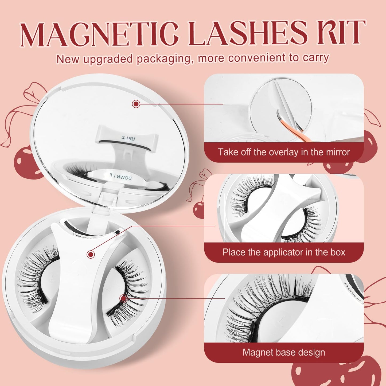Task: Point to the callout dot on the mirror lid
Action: pos(136,104)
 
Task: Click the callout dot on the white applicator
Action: pos(91,254)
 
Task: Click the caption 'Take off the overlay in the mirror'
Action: pos(284,152)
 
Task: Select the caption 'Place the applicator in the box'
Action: pos(284,252)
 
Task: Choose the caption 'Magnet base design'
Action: pos(284,353)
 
